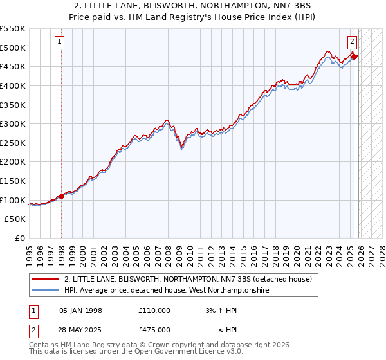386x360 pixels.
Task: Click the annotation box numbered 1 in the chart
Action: pos(59,42)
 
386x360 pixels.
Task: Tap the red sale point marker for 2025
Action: pos(354,57)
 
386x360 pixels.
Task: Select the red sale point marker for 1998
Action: pos(62,196)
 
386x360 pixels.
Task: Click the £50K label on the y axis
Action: pos(15,219)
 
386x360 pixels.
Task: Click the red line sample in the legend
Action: pos(45,279)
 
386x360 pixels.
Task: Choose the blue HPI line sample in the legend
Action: pos(45,291)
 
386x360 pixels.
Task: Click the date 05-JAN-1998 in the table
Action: pos(80,310)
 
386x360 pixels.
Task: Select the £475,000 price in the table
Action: pos(154,329)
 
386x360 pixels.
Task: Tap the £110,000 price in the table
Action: pos(154,310)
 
